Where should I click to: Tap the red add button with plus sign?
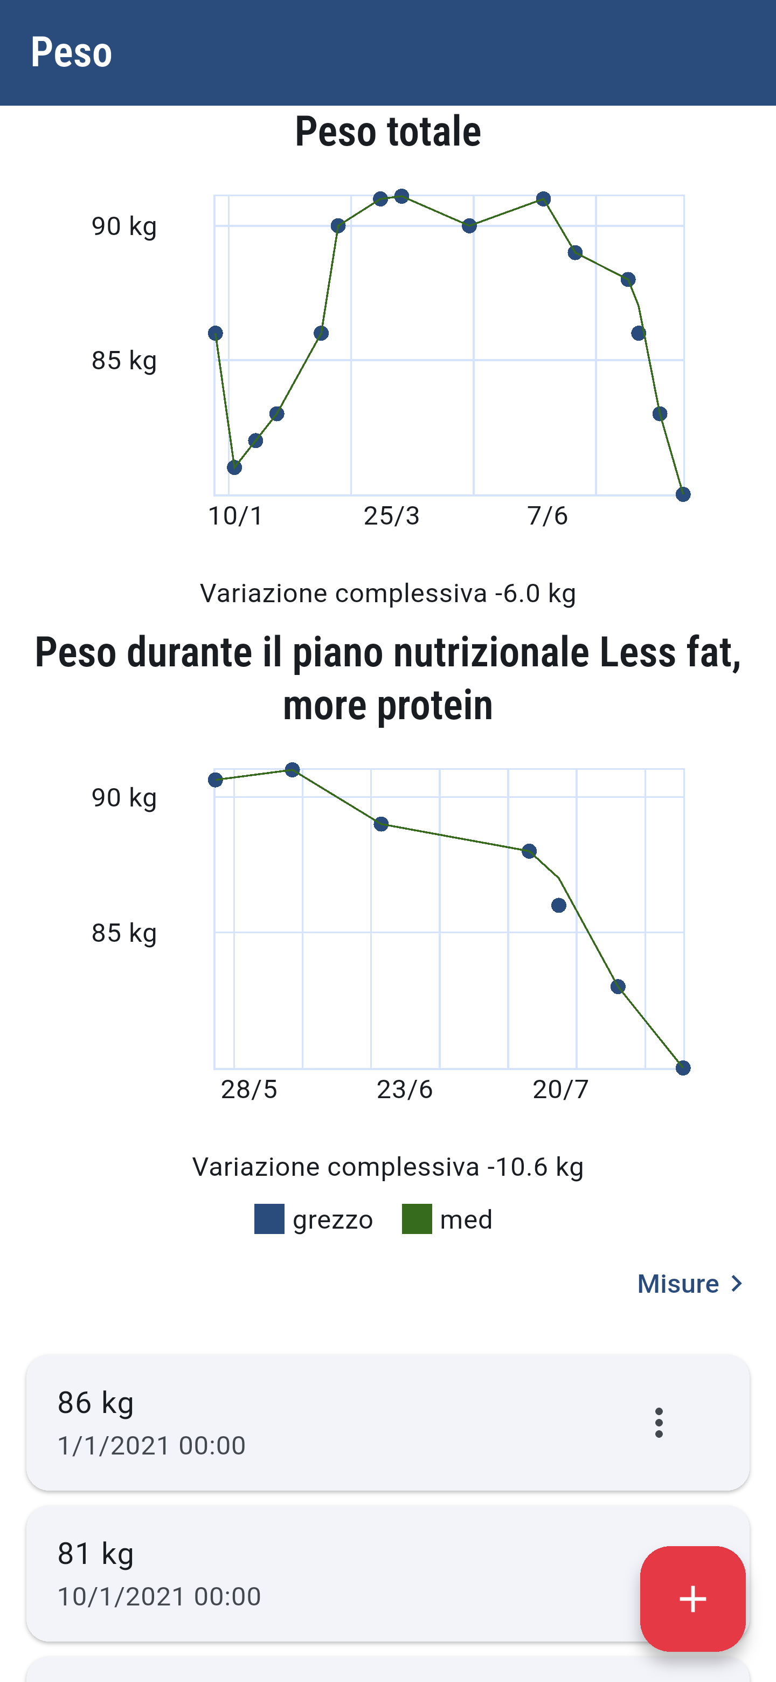click(x=692, y=1598)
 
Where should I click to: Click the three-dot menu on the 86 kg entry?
click(x=659, y=1422)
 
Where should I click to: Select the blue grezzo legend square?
click(x=269, y=1219)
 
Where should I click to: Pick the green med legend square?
click(x=417, y=1219)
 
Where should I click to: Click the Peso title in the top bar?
click(x=71, y=52)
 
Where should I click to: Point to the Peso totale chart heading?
click(x=387, y=131)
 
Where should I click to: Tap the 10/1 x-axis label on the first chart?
click(x=235, y=516)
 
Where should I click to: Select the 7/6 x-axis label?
click(x=548, y=516)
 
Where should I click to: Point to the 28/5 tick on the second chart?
click(x=248, y=1089)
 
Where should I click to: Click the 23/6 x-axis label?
click(x=405, y=1089)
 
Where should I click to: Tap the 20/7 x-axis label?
click(x=560, y=1089)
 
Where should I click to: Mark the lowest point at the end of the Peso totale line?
click(x=683, y=494)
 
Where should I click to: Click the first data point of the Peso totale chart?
click(x=216, y=334)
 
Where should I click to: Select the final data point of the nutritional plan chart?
click(x=683, y=1068)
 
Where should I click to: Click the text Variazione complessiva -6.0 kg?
click(x=387, y=594)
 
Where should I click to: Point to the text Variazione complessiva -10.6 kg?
click(x=387, y=1167)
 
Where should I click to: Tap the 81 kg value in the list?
click(x=96, y=1553)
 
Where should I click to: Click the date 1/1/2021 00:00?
click(x=151, y=1446)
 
